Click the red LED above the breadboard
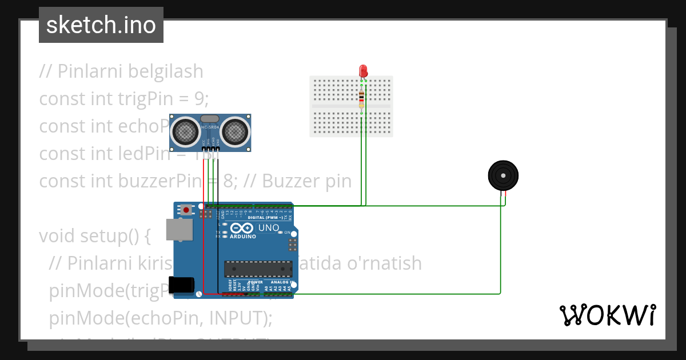(x=363, y=71)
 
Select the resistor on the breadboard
(x=361, y=100)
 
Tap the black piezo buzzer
(x=503, y=175)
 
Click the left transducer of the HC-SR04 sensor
(x=186, y=131)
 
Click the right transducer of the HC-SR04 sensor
(x=235, y=131)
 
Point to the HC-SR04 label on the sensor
(x=210, y=126)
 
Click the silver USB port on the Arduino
(x=176, y=229)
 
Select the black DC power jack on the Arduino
(x=181, y=285)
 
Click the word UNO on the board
(x=269, y=228)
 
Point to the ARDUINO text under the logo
(x=243, y=236)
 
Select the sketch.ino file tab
(x=101, y=25)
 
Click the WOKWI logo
(x=607, y=315)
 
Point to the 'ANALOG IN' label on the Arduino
(x=278, y=282)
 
